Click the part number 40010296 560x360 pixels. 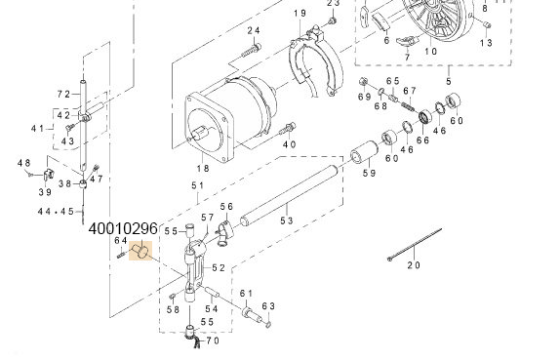click(123, 229)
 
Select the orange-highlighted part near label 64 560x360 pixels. click(140, 251)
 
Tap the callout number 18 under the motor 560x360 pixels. click(203, 168)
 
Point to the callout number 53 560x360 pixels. click(287, 220)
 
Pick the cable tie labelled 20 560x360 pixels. click(415, 244)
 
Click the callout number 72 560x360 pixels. click(63, 95)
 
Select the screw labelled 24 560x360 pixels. click(252, 51)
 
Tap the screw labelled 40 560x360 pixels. click(288, 129)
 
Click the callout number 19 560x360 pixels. click(300, 14)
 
